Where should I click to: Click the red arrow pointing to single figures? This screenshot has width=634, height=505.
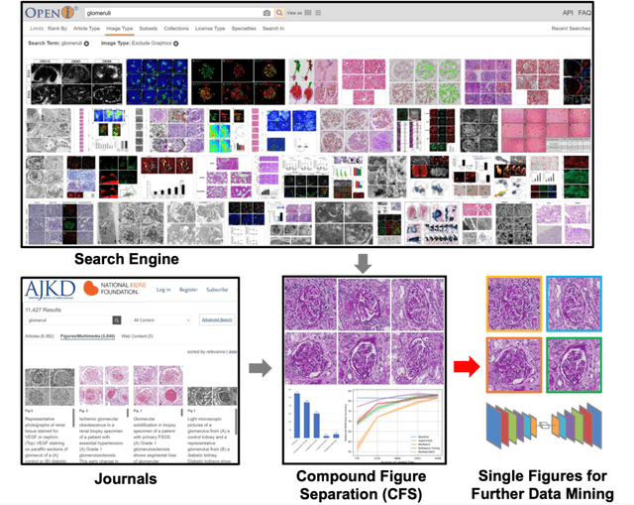pyautogui.click(x=466, y=368)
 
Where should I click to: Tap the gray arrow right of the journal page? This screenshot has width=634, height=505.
pyautogui.click(x=260, y=368)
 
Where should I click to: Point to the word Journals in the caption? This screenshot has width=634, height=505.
pyautogui.click(x=96, y=477)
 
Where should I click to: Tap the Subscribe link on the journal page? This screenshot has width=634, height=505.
pyautogui.click(x=217, y=290)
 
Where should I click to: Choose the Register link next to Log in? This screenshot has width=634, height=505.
pyautogui.click(x=189, y=290)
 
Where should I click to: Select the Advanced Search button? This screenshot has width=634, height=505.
pyautogui.click(x=215, y=320)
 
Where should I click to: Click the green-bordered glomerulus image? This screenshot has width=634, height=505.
pyautogui.click(x=574, y=365)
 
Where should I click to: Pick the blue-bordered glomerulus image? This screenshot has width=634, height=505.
pyautogui.click(x=574, y=303)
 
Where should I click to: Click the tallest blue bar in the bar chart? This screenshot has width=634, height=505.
pyautogui.click(x=296, y=417)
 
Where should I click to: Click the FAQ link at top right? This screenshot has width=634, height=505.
pyautogui.click(x=584, y=13)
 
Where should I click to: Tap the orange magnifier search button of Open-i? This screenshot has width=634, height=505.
pyautogui.click(x=279, y=13)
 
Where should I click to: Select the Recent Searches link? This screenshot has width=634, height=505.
pyautogui.click(x=572, y=29)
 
